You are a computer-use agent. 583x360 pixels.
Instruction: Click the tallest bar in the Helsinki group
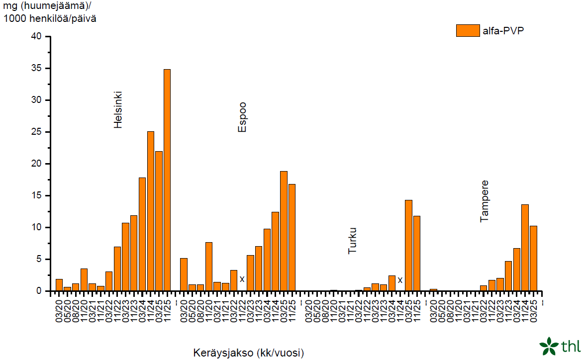pos(167,180)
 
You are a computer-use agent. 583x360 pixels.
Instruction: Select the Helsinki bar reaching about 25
pos(150,211)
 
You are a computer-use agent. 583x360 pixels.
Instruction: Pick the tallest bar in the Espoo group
pos(284,231)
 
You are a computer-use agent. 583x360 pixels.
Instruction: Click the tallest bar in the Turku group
pos(408,246)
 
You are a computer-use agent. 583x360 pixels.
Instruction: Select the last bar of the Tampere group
pos(533,259)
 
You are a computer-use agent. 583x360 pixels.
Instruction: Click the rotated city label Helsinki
pos(118,110)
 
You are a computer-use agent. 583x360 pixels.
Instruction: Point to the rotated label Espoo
pos(242,117)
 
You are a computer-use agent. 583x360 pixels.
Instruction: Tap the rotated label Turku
pos(353,241)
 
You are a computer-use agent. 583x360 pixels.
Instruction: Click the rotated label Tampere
pos(485,201)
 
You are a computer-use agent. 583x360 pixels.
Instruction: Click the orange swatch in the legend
pos(468,31)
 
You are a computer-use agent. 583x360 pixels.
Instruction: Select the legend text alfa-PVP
pos(503,31)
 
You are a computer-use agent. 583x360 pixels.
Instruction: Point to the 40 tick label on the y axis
pos(37,37)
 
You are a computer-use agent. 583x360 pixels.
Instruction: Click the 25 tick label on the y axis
pos(37,132)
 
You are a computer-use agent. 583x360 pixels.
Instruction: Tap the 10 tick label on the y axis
pos(37,228)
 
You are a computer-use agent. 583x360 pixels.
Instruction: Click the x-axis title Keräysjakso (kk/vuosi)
pos(248,353)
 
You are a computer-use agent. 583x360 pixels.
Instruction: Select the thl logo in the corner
pos(560,346)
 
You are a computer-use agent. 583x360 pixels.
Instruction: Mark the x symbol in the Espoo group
pos(242,279)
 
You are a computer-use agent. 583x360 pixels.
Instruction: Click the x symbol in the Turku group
pos(400,280)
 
